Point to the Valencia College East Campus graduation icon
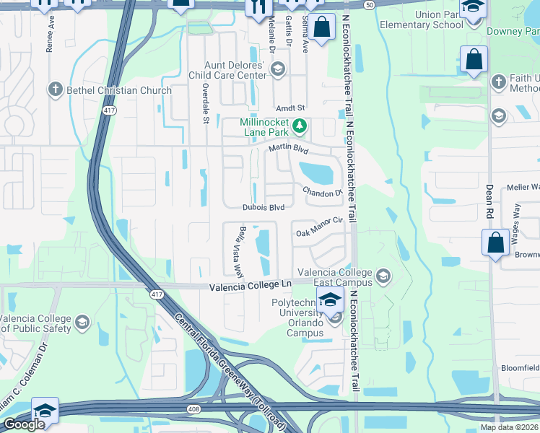coord(383,276)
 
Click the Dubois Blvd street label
coord(264,207)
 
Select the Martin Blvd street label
coord(289,149)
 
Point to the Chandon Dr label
coord(322,192)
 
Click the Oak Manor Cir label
coord(319,233)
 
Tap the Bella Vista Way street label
coord(238,250)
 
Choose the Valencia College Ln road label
coord(250,287)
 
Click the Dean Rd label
coord(489,201)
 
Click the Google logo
coord(24,424)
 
